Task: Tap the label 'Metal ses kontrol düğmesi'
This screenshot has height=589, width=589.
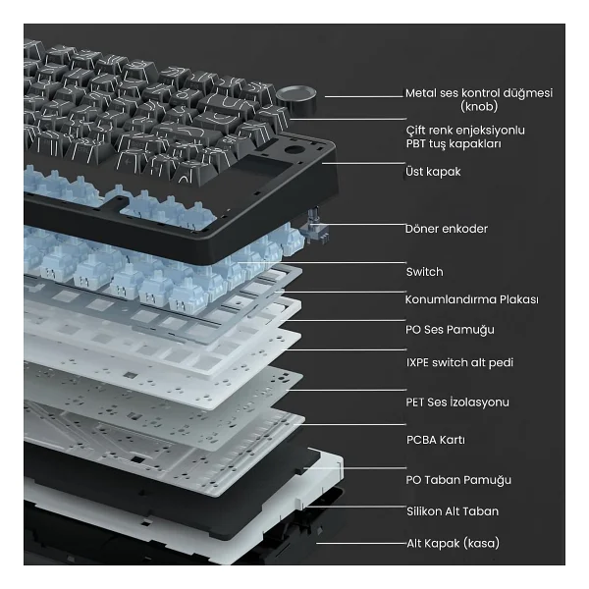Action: click(479, 93)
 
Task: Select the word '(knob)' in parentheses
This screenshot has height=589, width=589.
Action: click(479, 107)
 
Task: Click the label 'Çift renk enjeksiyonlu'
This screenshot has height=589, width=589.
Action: click(465, 131)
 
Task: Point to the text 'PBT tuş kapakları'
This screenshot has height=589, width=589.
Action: click(454, 144)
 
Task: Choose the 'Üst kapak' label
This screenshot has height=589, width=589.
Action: click(433, 172)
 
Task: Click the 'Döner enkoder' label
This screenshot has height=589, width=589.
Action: click(447, 229)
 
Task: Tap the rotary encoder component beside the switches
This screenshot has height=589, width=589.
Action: click(317, 228)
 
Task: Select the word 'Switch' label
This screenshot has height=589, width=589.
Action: click(424, 272)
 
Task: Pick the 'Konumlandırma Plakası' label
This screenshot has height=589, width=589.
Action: click(472, 299)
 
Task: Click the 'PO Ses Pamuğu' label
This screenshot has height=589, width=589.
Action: click(450, 330)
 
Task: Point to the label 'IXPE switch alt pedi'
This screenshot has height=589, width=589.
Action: click(459, 362)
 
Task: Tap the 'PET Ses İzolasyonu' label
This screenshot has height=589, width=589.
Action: click(457, 402)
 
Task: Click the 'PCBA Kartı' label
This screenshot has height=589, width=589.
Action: click(436, 440)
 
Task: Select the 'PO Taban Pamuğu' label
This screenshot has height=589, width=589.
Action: click(458, 480)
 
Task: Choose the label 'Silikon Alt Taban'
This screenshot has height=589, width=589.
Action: click(453, 511)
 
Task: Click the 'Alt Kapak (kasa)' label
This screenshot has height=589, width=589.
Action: click(453, 543)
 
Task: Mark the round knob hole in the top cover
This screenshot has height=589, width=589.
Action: click(294, 150)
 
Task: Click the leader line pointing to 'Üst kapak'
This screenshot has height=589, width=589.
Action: click(363, 163)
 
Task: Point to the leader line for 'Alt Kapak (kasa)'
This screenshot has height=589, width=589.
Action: click(361, 543)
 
